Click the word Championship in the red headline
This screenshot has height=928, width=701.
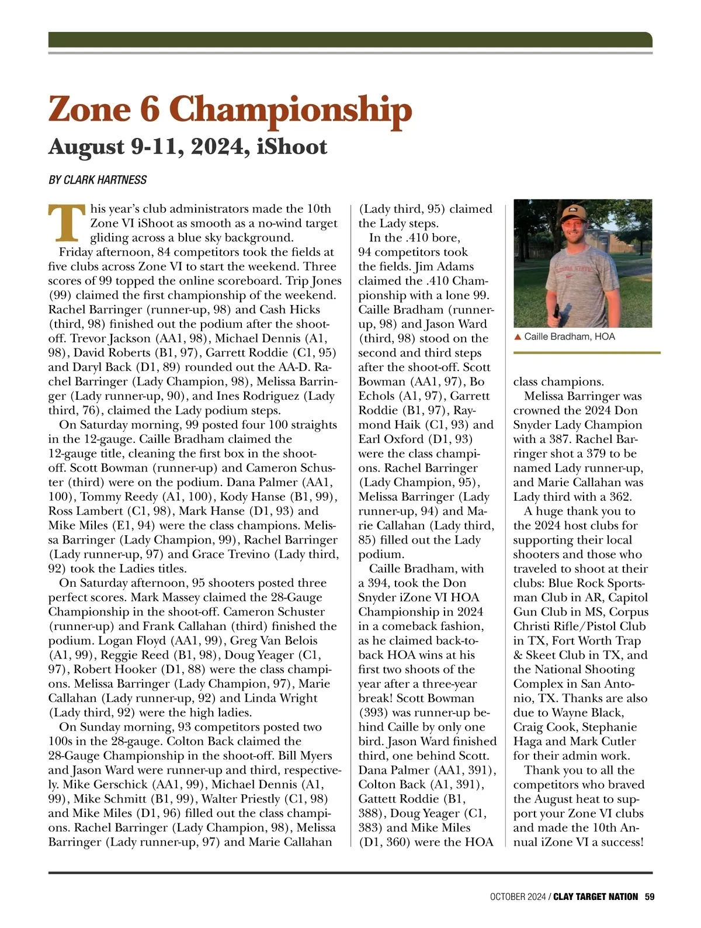point(291,110)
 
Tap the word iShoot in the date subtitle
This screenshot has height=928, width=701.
point(291,146)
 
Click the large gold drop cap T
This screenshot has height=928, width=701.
point(68,223)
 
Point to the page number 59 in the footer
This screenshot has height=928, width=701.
point(649,896)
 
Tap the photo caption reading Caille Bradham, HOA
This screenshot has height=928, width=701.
point(569,337)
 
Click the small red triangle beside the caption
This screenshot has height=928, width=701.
point(518,337)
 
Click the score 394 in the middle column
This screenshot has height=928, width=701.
point(378,583)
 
